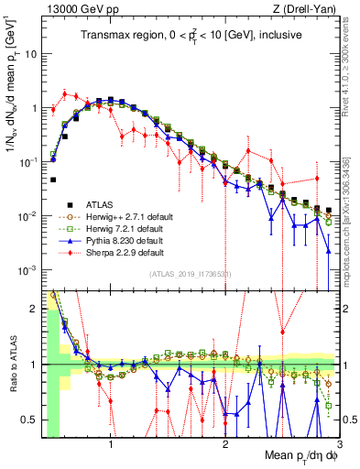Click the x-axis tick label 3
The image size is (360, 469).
(339, 446)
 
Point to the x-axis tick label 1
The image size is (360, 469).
(111, 446)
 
